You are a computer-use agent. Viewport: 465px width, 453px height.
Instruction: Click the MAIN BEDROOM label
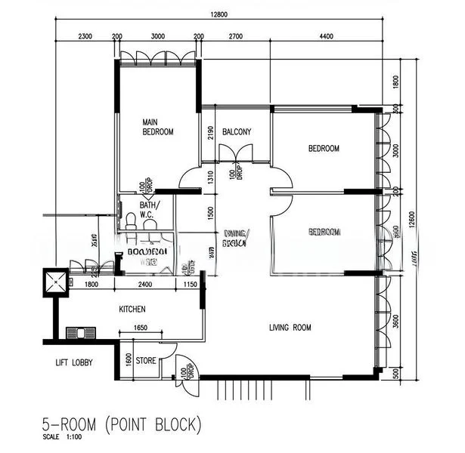pos(158,126)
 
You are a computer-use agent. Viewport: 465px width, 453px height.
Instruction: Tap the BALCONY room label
pos(237,132)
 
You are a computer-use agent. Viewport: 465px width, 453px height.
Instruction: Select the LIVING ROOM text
pos(290,328)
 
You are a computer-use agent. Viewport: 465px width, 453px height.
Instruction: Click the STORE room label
pos(146,361)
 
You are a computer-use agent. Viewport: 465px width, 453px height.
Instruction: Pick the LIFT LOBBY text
pos(73,363)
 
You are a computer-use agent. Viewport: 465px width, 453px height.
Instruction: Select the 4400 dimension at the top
pos(326,36)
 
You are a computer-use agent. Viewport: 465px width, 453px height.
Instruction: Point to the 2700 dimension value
pos(235,36)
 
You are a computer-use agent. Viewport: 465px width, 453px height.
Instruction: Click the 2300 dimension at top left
pos(84,36)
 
